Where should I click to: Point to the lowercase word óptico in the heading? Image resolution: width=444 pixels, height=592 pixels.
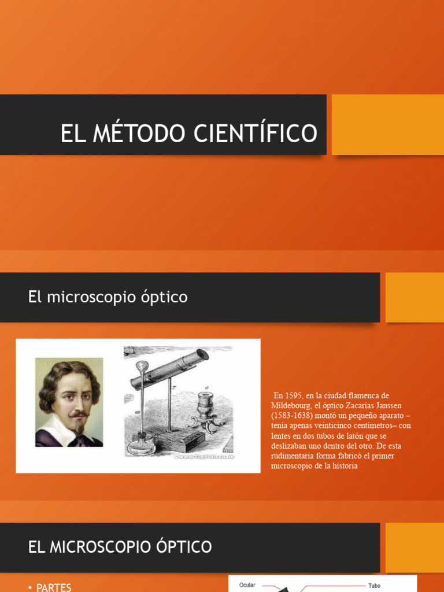click(164, 297)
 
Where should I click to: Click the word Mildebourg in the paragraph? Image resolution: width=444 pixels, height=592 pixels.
click(290, 406)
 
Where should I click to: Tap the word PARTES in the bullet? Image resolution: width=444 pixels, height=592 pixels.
click(54, 587)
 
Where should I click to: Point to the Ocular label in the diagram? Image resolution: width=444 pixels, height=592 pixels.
click(247, 585)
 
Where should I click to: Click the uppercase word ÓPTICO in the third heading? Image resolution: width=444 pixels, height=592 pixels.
click(180, 546)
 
